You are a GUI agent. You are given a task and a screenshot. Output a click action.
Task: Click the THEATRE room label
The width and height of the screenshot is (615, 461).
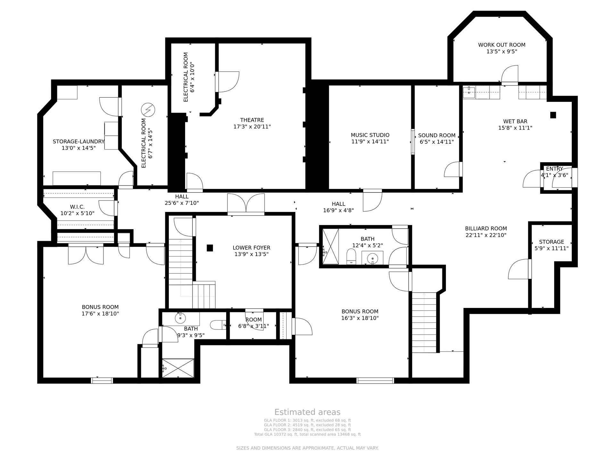[252, 120]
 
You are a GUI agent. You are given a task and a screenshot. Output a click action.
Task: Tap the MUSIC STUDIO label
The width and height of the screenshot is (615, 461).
[370, 135]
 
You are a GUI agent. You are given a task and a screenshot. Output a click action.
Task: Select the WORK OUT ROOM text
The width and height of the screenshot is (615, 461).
[502, 45]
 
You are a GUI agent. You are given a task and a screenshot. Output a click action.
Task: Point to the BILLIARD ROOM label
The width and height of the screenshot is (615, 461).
[486, 229]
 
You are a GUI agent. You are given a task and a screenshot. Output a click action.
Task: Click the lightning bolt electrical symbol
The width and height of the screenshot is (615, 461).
[148, 110]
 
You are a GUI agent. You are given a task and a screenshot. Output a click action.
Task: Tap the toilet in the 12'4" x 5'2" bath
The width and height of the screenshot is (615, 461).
[351, 256]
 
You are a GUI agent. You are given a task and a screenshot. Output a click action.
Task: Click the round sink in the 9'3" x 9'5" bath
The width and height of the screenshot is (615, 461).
[180, 318]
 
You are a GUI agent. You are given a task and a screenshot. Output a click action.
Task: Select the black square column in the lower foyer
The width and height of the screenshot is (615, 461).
[210, 248]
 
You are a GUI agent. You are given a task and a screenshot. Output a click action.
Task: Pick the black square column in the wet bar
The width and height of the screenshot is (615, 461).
[553, 115]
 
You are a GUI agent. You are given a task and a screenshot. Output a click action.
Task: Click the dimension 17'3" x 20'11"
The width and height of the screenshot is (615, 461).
[252, 127]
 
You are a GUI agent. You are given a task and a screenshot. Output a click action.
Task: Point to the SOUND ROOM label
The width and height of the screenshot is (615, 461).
[437, 135]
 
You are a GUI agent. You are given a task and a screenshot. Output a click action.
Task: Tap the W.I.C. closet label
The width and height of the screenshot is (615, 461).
[77, 207]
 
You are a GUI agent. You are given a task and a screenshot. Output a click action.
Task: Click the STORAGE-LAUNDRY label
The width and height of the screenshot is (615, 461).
[78, 142]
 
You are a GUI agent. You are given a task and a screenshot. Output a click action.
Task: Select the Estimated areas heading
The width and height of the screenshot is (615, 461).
[307, 412]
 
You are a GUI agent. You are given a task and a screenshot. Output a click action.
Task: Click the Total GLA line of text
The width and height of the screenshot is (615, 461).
[307, 434]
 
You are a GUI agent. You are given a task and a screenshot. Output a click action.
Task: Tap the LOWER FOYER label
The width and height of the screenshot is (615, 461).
[251, 248]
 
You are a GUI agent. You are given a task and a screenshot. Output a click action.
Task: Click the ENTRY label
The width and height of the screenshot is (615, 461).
[554, 169]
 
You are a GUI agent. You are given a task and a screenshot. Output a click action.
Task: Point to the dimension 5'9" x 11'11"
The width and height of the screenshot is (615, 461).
[552, 248]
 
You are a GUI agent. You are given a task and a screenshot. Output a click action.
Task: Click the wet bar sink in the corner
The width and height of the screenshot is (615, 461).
[469, 92]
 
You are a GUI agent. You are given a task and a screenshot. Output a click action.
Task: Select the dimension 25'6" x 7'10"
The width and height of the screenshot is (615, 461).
[182, 203]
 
